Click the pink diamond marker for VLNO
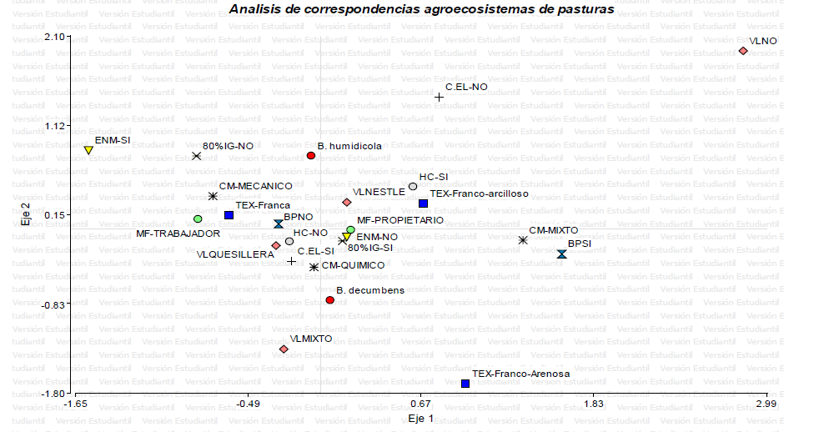pyautogui.click(x=743, y=51)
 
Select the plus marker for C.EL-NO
pyautogui.click(x=439, y=98)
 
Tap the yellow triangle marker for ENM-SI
pyautogui.click(x=88, y=150)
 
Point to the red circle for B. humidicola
pyautogui.click(x=311, y=156)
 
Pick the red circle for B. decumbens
pyautogui.click(x=329, y=299)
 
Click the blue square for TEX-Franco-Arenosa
pyautogui.click(x=465, y=384)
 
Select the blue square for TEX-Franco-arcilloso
pyautogui.click(x=423, y=203)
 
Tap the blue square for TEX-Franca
pyautogui.click(x=229, y=215)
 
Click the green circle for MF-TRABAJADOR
pyautogui.click(x=198, y=219)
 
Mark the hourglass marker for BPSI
pyautogui.click(x=562, y=254)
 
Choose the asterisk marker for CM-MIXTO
pyautogui.click(x=523, y=240)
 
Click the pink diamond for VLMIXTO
pyautogui.click(x=284, y=349)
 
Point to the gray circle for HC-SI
pyautogui.click(x=413, y=187)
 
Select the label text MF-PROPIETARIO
pyautogui.click(x=400, y=221)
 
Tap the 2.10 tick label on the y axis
pyautogui.click(x=54, y=37)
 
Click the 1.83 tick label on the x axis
pyautogui.click(x=593, y=404)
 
